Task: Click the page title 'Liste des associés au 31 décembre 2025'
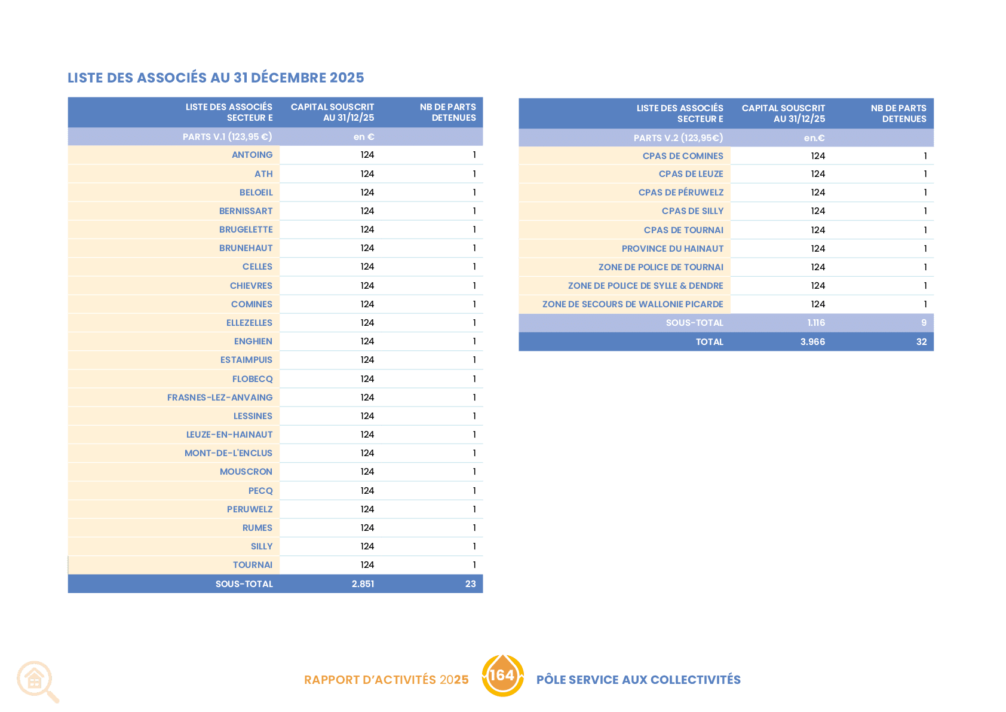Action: coord(216,77)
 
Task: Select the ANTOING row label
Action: coord(252,155)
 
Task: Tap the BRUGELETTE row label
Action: coord(246,229)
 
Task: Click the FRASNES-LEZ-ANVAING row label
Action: coord(220,398)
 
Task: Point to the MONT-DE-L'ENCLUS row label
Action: coord(228,453)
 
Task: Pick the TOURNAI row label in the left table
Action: coord(253,564)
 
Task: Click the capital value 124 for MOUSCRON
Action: coord(367,472)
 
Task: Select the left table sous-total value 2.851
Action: coord(363,584)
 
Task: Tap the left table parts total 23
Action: coord(470,584)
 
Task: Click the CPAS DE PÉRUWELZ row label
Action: coord(681,192)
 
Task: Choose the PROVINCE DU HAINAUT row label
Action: coord(672,249)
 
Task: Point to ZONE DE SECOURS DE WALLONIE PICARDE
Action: coord(633,304)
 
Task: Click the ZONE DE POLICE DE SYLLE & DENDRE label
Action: coord(645,285)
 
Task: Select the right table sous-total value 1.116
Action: coord(815,323)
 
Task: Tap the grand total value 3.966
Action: coord(812,341)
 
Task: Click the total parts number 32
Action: coord(921,341)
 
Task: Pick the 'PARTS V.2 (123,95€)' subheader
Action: coord(678,138)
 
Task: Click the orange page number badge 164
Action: coord(502,676)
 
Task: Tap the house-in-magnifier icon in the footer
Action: coord(38,682)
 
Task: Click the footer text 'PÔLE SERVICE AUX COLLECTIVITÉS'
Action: coord(638,680)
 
